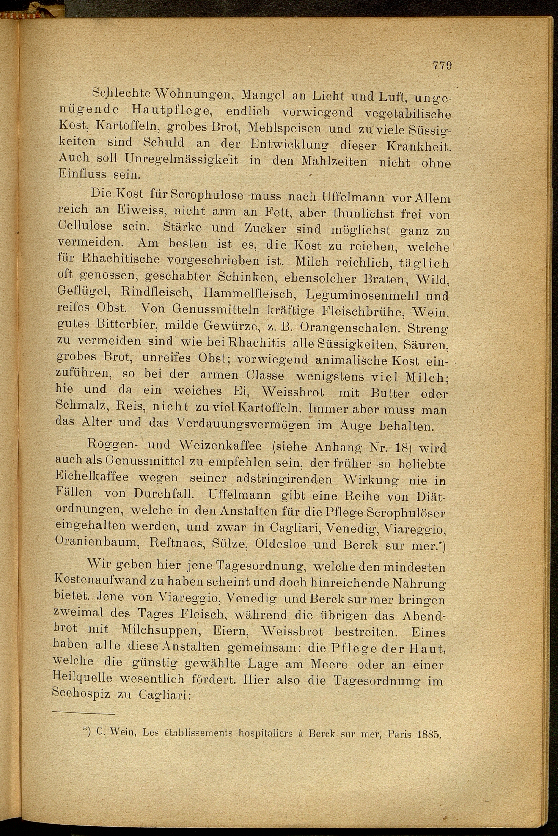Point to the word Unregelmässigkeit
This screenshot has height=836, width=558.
[181, 159]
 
